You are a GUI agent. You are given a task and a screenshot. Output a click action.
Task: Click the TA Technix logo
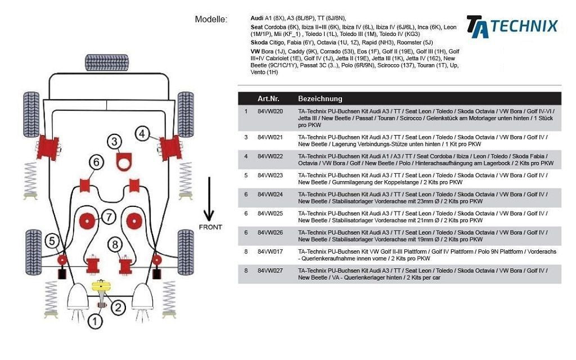click(511, 26)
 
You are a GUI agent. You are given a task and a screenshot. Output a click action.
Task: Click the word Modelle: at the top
click(211, 19)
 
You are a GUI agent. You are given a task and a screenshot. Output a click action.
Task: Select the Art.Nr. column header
click(268, 98)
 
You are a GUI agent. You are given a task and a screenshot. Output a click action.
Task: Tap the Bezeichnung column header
click(319, 98)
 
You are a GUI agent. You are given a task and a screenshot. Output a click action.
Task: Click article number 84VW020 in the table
click(270, 111)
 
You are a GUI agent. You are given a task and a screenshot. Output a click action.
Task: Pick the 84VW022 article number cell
click(270, 156)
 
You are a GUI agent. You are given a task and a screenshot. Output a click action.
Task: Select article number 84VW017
click(270, 251)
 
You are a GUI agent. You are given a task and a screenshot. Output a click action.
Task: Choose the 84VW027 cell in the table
click(270, 271)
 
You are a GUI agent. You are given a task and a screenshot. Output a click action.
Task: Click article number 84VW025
click(270, 213)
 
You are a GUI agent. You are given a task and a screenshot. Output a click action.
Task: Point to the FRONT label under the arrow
click(210, 227)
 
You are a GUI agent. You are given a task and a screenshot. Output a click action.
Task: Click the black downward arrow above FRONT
click(209, 200)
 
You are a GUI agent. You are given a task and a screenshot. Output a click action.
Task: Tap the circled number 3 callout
click(115, 142)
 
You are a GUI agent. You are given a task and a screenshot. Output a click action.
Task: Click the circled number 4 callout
click(142, 133)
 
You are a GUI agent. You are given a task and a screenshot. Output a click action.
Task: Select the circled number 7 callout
click(109, 216)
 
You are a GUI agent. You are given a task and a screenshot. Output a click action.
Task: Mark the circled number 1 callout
click(96, 322)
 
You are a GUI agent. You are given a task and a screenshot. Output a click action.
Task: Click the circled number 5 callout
click(52, 241)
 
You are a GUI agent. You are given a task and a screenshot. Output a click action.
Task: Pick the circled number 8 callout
click(115, 244)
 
